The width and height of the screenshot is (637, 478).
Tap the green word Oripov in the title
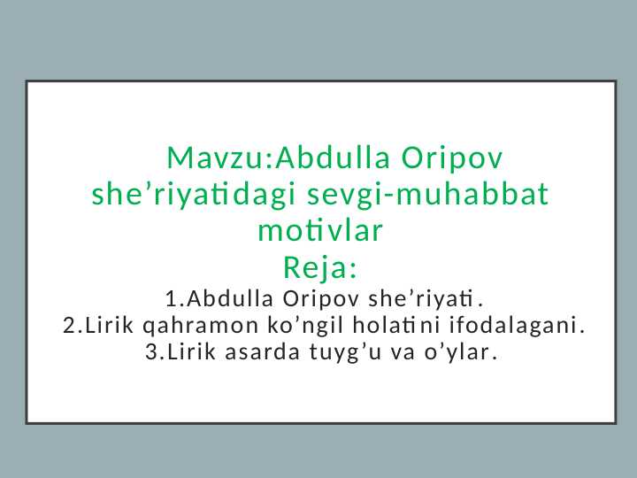452,159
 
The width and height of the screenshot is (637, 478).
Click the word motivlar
319,231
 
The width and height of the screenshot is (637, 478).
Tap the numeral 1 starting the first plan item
170,295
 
